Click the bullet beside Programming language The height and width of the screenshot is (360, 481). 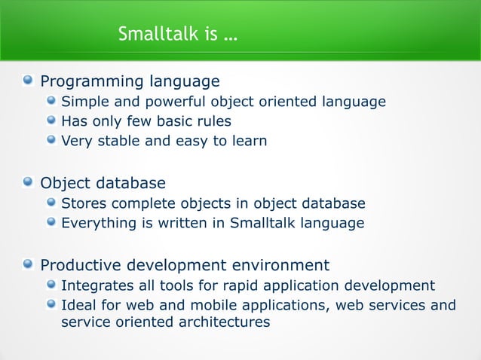28,81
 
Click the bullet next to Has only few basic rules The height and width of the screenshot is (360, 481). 51,121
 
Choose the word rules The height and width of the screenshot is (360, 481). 214,121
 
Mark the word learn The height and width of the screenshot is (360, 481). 248,140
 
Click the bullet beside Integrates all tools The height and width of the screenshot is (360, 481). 51,285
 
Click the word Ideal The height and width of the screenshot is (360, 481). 78,305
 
